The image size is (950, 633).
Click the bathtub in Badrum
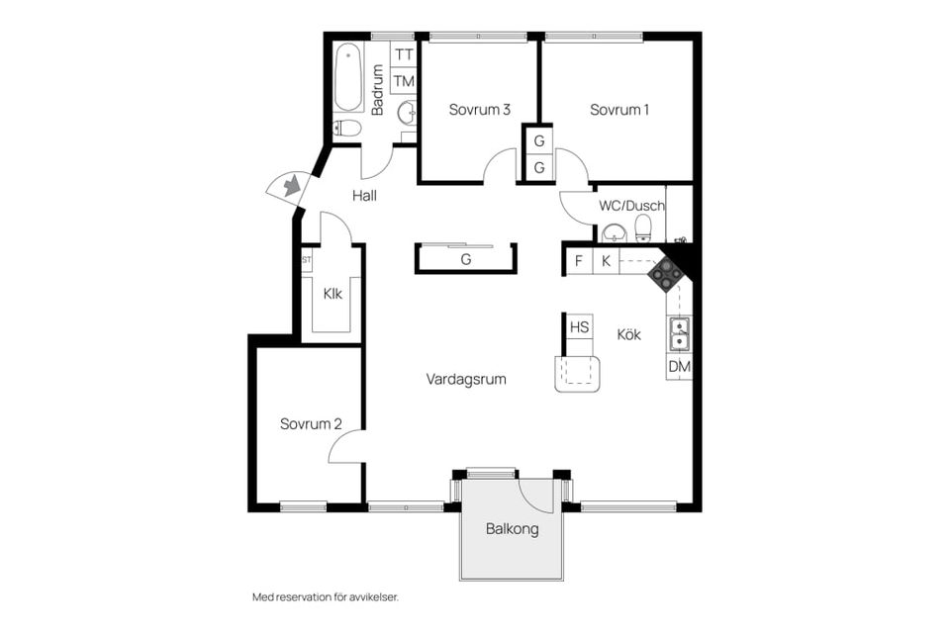(x=348, y=77)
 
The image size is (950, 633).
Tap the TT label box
(x=404, y=55)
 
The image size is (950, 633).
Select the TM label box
(x=404, y=81)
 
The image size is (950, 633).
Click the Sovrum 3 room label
(x=479, y=110)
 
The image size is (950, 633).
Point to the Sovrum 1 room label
(x=619, y=110)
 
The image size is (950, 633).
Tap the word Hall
(x=364, y=196)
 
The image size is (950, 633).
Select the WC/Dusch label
(x=631, y=207)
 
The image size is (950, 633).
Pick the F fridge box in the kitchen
(x=578, y=261)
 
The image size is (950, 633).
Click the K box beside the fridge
(x=606, y=261)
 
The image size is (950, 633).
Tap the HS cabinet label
(x=579, y=327)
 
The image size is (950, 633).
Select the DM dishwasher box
(x=679, y=367)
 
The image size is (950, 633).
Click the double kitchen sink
(x=679, y=334)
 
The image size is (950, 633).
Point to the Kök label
(x=628, y=335)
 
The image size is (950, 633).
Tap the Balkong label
(x=512, y=529)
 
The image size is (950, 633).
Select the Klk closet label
(x=332, y=293)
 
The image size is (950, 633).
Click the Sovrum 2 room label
(x=310, y=424)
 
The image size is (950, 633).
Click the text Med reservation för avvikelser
(x=325, y=597)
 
